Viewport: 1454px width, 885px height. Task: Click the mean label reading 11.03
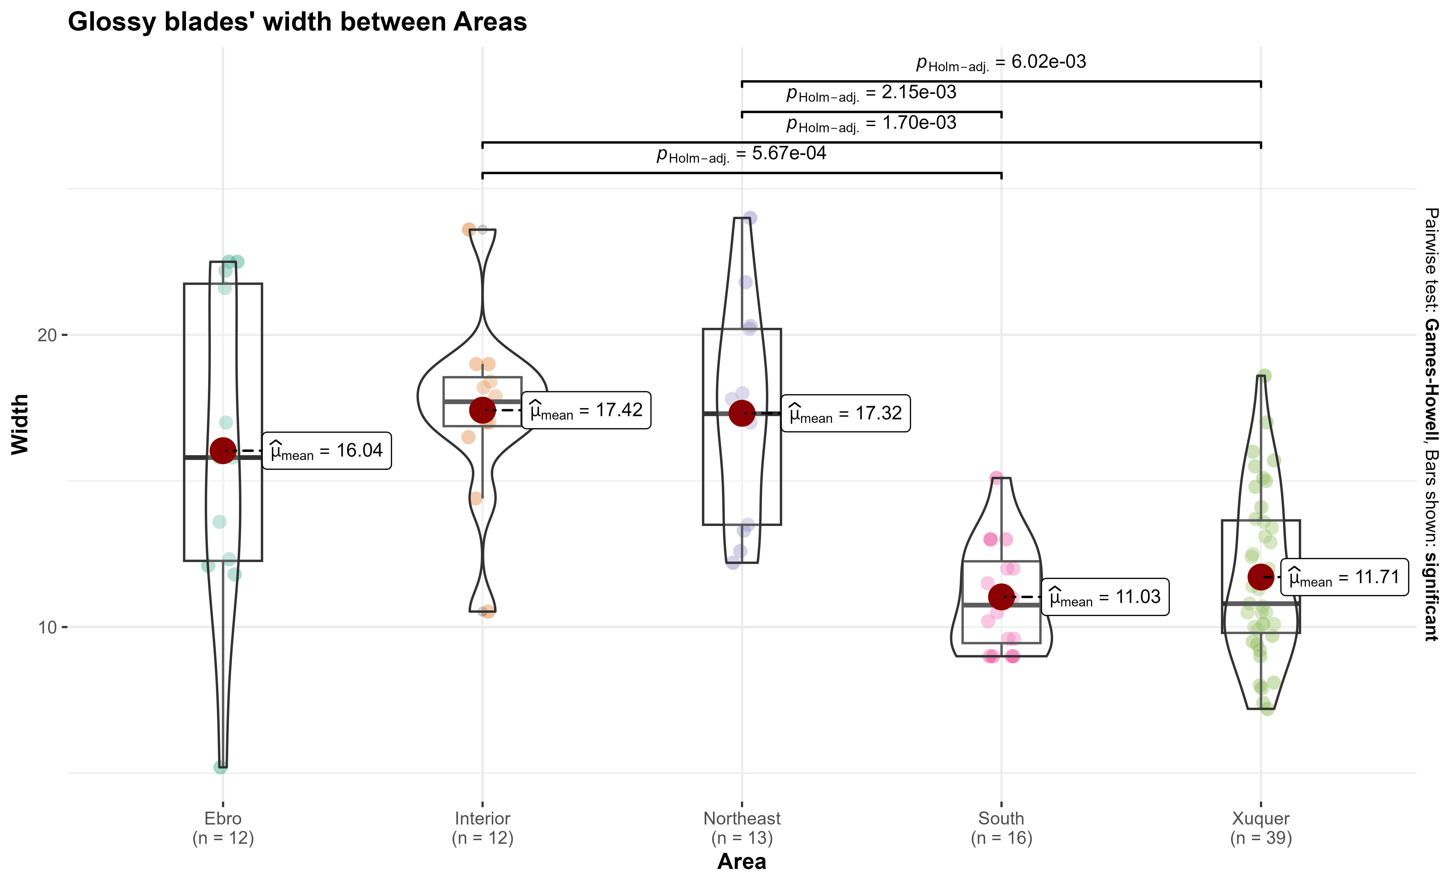coord(1105,597)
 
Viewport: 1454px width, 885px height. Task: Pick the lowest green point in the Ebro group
coord(220,767)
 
